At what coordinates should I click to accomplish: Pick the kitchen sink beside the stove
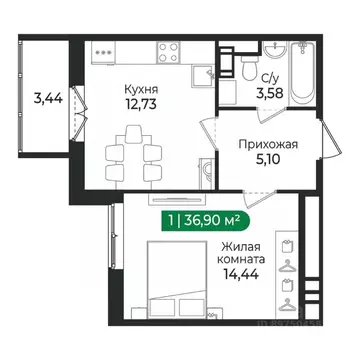click(x=196, y=51)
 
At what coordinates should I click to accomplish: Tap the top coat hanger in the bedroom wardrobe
click(x=287, y=245)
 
